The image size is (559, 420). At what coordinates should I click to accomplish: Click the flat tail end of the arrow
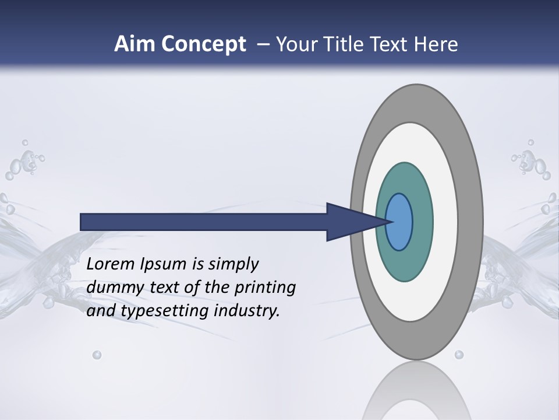coord(82,222)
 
